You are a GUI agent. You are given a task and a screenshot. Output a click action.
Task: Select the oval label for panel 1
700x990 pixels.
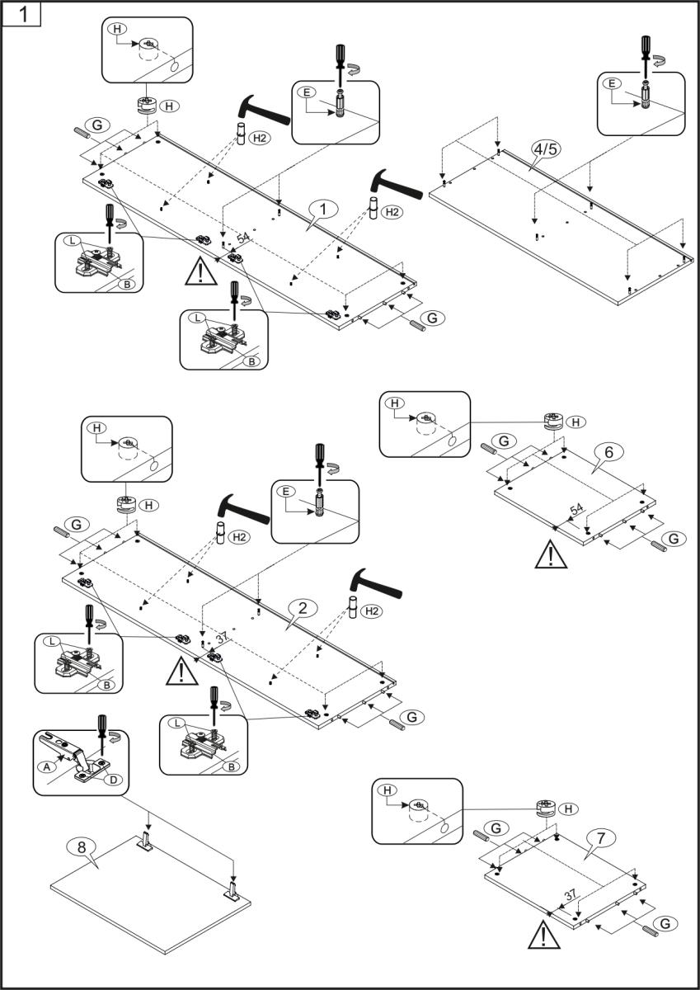click(324, 210)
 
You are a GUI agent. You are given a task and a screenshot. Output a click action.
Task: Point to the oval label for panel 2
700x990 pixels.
click(303, 608)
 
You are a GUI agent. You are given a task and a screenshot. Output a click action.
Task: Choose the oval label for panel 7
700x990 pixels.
click(602, 837)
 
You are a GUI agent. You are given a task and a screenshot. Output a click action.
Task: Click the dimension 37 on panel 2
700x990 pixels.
click(220, 638)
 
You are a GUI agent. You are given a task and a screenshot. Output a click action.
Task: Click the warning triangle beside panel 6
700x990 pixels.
click(546, 554)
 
